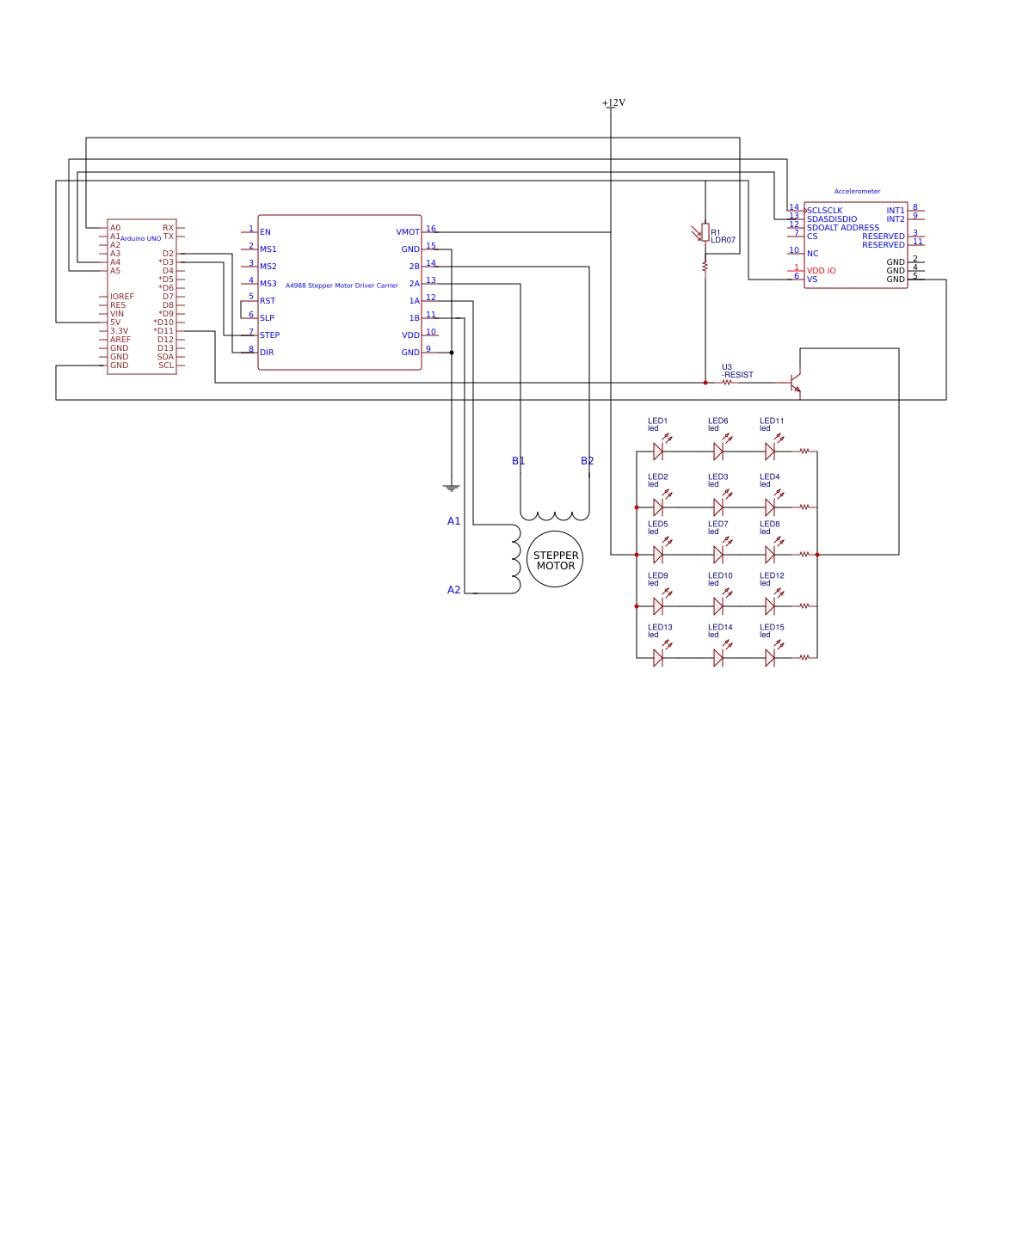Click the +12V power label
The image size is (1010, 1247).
click(613, 102)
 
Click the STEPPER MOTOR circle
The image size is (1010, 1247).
click(555, 560)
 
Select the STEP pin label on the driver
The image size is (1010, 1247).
click(269, 335)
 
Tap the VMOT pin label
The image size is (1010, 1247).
click(408, 232)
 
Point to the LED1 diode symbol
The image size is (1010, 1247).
click(658, 451)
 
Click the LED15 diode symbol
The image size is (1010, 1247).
click(770, 658)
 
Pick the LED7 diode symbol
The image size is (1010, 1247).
click(718, 555)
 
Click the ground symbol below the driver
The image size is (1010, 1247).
click(452, 488)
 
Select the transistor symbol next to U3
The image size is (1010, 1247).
click(796, 383)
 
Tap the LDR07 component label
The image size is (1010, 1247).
click(723, 241)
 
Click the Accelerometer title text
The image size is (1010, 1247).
click(857, 192)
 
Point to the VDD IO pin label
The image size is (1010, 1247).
click(821, 271)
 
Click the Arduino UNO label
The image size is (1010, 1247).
click(140, 239)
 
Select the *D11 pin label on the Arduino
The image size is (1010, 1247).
click(163, 331)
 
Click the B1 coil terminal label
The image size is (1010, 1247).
click(518, 461)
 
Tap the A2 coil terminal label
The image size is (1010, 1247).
click(453, 590)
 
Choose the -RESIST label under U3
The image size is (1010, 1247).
click(737, 375)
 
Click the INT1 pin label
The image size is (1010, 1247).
click(895, 211)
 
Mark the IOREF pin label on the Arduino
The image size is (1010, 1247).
click(121, 297)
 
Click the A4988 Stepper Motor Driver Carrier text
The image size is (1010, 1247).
click(342, 286)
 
